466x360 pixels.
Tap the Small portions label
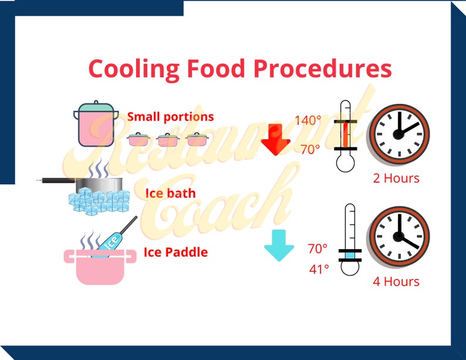click(x=170, y=116)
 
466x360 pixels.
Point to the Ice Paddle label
click(x=175, y=253)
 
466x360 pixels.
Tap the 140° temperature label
click(x=308, y=121)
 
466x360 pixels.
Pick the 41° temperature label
click(x=319, y=269)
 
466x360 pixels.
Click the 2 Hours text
click(x=396, y=177)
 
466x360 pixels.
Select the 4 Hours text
click(x=396, y=281)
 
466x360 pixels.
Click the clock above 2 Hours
click(x=399, y=133)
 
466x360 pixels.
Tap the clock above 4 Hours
click(x=399, y=236)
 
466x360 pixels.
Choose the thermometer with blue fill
click(x=350, y=241)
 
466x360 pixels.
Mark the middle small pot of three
click(x=168, y=140)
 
